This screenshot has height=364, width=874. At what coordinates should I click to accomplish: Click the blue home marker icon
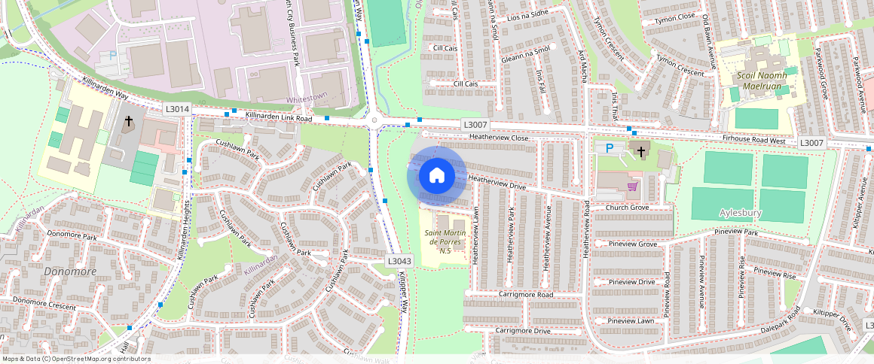[436, 176]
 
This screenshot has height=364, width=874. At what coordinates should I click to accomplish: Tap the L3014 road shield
[178, 110]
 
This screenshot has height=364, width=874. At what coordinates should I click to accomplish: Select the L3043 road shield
[399, 261]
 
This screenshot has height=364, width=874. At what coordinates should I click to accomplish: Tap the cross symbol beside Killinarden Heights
[128, 121]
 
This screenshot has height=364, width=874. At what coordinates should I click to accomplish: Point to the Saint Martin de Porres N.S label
[450, 242]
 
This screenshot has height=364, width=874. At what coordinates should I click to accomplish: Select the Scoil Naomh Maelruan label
[762, 80]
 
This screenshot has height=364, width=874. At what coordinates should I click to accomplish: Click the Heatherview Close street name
[499, 138]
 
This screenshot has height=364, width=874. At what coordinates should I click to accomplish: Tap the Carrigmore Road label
[524, 294]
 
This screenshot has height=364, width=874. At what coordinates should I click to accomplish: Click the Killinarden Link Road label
[279, 118]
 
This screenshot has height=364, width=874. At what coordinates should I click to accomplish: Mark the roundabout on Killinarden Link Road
[374, 120]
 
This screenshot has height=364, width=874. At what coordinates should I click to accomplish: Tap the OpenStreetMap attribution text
[75, 359]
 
